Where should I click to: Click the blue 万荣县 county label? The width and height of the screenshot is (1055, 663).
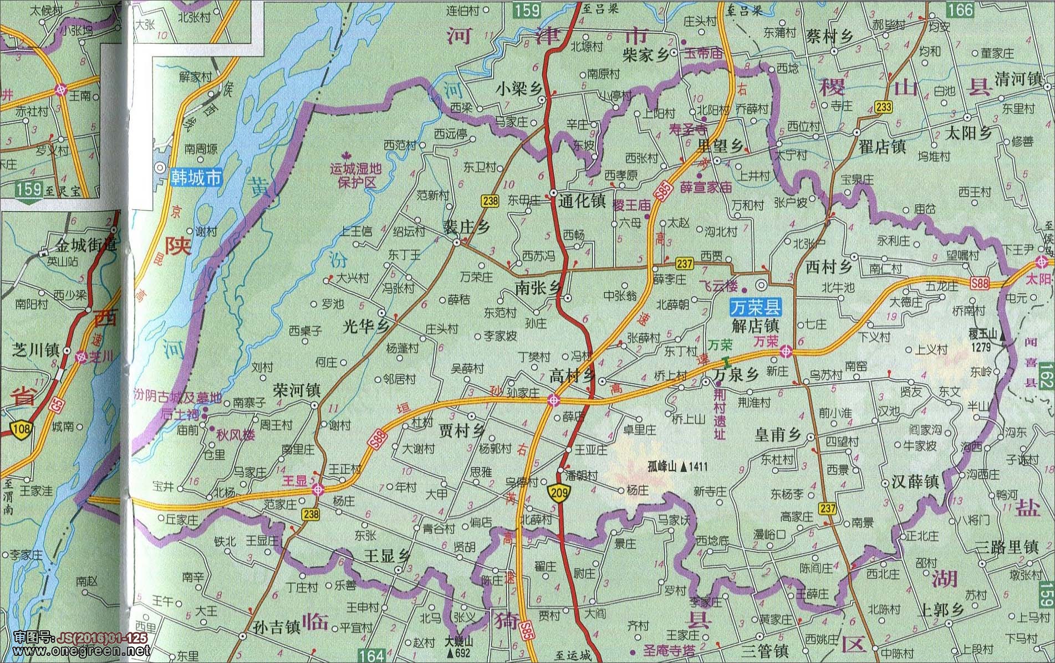tap(755, 307)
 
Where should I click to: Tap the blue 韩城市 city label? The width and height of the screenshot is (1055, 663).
tap(196, 177)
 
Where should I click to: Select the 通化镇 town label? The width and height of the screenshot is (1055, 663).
tap(582, 201)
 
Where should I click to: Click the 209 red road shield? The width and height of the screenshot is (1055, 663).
tap(558, 492)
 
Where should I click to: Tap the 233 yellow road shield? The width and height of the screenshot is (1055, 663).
tap(884, 107)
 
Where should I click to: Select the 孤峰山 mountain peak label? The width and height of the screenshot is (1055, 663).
tap(670, 467)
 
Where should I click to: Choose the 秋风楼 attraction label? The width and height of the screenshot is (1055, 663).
tap(235, 435)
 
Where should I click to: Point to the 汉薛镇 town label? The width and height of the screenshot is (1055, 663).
tap(915, 481)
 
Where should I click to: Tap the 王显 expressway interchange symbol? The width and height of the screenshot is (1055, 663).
tap(318, 489)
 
